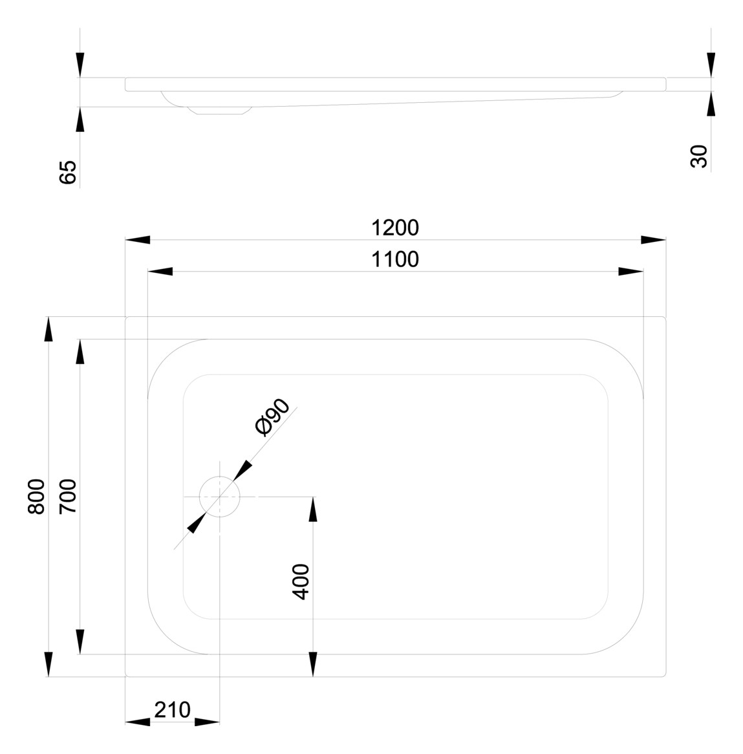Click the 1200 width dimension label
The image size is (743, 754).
[395, 228]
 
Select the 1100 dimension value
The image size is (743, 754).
[395, 259]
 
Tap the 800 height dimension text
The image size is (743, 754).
[36, 496]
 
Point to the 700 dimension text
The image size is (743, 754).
[68, 496]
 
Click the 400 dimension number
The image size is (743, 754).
[301, 581]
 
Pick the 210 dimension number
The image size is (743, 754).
[172, 709]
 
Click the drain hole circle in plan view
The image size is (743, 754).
[220, 496]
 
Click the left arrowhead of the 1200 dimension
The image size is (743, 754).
[137, 240]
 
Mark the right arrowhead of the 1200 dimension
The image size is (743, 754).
[653, 240]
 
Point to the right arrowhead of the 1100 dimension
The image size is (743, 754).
[631, 272]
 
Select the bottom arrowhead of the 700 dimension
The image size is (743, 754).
[80, 642]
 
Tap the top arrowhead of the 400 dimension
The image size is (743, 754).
[313, 509]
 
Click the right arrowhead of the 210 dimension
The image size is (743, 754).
[208, 722]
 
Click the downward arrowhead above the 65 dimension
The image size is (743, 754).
[80, 65]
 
